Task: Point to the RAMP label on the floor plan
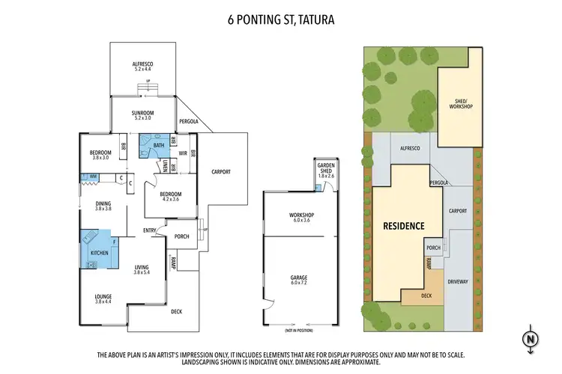click(172, 263)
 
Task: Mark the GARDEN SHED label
click(324, 170)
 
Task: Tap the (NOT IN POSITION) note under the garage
click(297, 330)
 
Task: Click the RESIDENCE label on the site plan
click(404, 225)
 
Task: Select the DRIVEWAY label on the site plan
click(457, 282)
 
